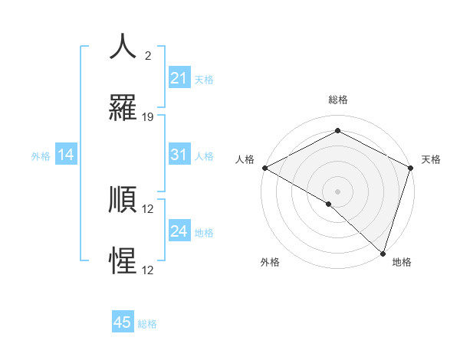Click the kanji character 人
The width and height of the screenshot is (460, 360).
(x=123, y=46)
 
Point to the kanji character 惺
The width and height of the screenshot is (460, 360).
(x=123, y=260)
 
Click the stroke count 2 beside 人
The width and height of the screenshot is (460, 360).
(x=148, y=56)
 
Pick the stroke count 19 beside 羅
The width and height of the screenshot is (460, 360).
(x=149, y=117)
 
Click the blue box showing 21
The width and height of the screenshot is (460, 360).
(x=179, y=78)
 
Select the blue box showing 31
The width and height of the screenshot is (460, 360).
(x=179, y=155)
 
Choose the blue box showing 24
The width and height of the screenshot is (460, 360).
(x=179, y=231)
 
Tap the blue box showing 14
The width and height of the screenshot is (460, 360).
(x=66, y=155)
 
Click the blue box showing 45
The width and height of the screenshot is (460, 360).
(x=123, y=322)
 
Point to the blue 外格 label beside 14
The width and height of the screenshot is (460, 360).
(x=41, y=156)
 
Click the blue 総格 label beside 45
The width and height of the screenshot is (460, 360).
(x=147, y=324)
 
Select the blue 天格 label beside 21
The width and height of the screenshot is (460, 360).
(x=204, y=79)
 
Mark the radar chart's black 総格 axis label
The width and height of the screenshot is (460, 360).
(x=337, y=100)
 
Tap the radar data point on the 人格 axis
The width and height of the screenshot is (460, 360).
(x=264, y=168)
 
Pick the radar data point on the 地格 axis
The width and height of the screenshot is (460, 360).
(x=383, y=253)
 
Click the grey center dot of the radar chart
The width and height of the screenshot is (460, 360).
(x=337, y=191)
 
